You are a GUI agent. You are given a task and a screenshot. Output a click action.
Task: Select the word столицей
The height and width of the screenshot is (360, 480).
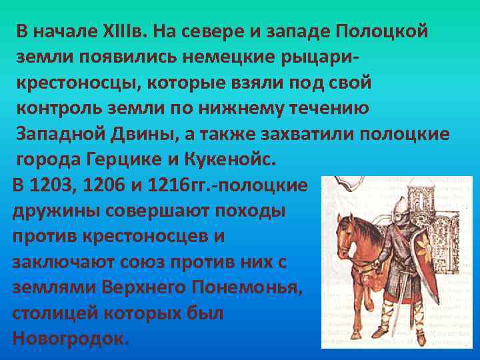[x=47, y=312]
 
